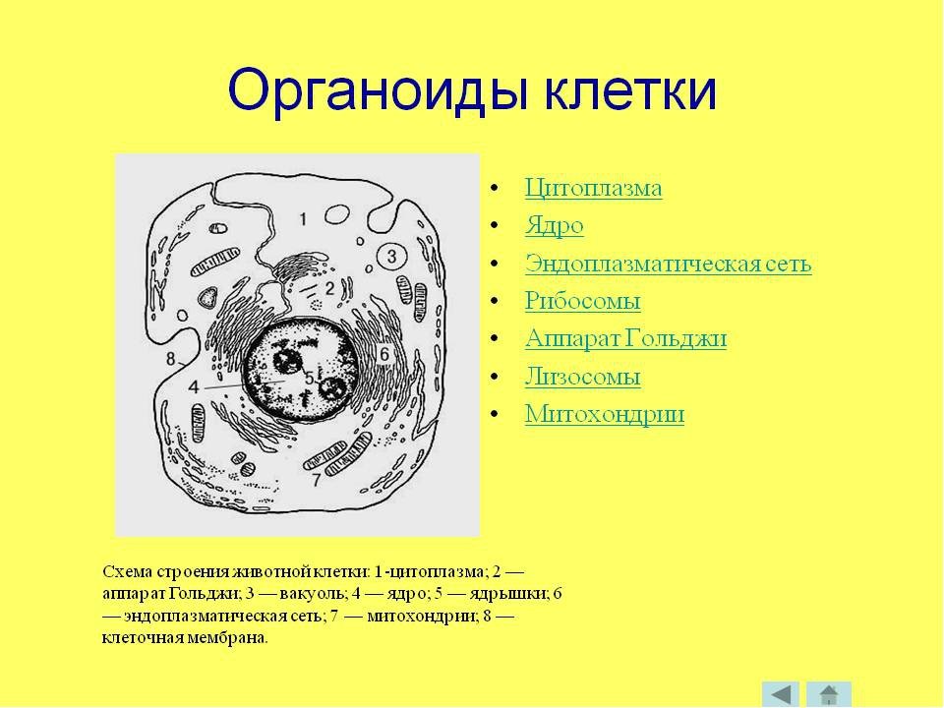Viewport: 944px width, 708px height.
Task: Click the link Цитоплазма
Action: click(593, 188)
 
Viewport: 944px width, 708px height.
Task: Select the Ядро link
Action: click(554, 226)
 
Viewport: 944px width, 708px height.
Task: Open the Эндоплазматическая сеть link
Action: click(669, 264)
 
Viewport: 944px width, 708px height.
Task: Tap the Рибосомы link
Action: click(582, 301)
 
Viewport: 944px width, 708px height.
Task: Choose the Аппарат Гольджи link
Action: click(625, 338)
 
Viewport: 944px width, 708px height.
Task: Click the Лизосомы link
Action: click(582, 377)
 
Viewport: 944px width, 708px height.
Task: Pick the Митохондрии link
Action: click(605, 414)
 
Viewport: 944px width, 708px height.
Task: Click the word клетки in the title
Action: click(631, 89)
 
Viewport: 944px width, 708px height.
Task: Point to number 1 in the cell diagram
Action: click(304, 218)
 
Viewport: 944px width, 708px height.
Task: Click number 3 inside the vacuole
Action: click(392, 257)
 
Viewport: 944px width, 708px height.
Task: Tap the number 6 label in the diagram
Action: click(384, 354)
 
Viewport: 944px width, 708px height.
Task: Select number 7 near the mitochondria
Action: click(316, 480)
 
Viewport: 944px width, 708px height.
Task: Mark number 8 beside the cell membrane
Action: click(171, 360)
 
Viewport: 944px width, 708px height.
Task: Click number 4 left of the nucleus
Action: click(194, 386)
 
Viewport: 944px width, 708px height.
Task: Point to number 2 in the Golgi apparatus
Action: click(329, 289)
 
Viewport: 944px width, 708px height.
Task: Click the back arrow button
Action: click(780, 694)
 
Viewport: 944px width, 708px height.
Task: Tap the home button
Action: click(828, 694)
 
